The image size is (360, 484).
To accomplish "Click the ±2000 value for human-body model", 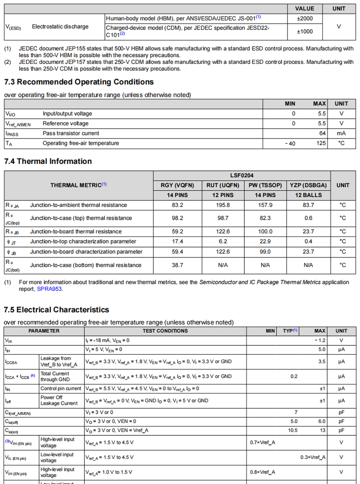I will point(304,19).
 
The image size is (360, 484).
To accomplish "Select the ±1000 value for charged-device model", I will point(304,31).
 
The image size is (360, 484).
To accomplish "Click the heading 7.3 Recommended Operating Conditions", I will point(79,82).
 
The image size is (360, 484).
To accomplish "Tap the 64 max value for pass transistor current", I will point(322,134).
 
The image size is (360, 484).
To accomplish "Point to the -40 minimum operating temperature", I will point(290,144).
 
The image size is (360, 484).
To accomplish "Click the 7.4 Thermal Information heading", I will point(48,161).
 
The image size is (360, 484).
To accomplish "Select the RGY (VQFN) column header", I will point(177,185).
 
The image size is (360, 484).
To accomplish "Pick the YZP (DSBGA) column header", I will point(308,185).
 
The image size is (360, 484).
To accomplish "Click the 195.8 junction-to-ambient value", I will point(222,205).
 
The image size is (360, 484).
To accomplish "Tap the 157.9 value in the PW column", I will point(265,205).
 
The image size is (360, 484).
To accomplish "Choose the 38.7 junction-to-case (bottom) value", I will point(177,265).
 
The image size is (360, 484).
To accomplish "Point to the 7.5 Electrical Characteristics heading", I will point(57,310).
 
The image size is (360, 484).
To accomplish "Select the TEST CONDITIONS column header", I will point(165,331).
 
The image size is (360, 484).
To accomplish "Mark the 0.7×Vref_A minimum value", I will point(262,443).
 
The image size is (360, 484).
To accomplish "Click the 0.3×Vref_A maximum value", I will point(313,457).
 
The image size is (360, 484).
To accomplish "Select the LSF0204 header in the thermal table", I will point(242,175).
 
